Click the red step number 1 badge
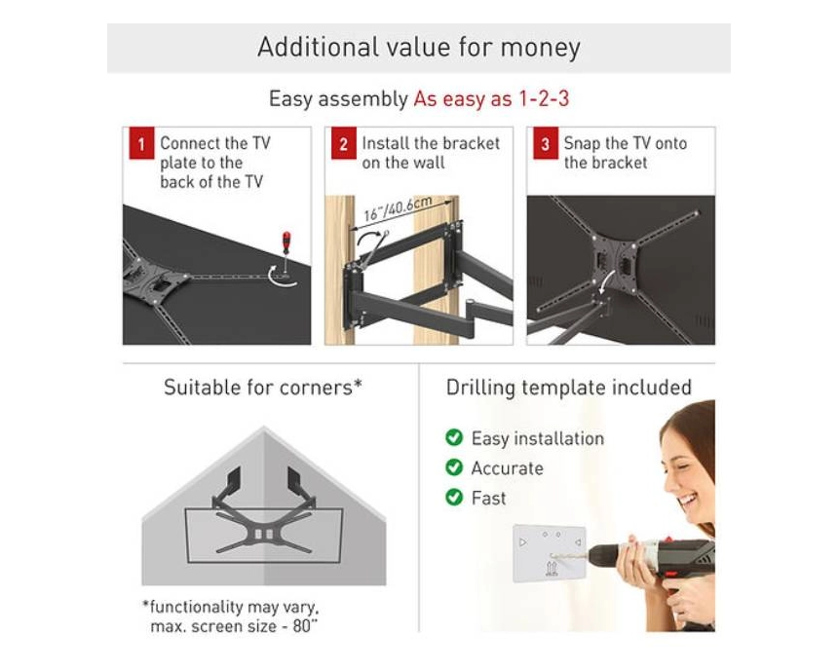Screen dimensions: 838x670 [141, 143]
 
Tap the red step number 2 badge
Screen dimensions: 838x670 [344, 143]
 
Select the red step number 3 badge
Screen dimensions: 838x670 [545, 143]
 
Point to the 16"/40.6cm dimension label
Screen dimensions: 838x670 [398, 208]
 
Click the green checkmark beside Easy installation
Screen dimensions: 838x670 [454, 437]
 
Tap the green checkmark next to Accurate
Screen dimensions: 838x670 [454, 467]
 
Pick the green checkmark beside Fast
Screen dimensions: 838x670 [454, 498]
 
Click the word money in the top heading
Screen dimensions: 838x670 [541, 48]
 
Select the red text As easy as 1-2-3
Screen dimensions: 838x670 [491, 98]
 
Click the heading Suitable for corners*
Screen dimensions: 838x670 [263, 388]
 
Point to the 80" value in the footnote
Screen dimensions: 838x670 [305, 626]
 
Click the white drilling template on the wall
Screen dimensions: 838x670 [549, 553]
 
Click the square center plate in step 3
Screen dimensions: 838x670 [614, 263]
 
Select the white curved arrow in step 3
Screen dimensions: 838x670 [604, 281]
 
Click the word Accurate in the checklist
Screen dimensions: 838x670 [507, 468]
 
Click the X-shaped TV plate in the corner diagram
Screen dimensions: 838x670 [263, 533]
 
